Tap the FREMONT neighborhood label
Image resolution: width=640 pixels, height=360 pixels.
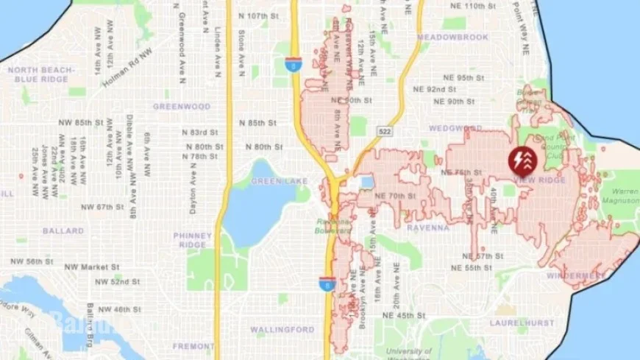[x=193, y=345]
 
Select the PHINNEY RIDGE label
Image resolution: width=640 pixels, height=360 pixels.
[x=192, y=240]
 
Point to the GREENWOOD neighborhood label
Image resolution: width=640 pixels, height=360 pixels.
[x=182, y=106]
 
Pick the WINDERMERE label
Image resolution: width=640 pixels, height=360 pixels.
[x=577, y=276]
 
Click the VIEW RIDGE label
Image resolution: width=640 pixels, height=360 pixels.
[x=540, y=180]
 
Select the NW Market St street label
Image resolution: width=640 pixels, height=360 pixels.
[x=92, y=267]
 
